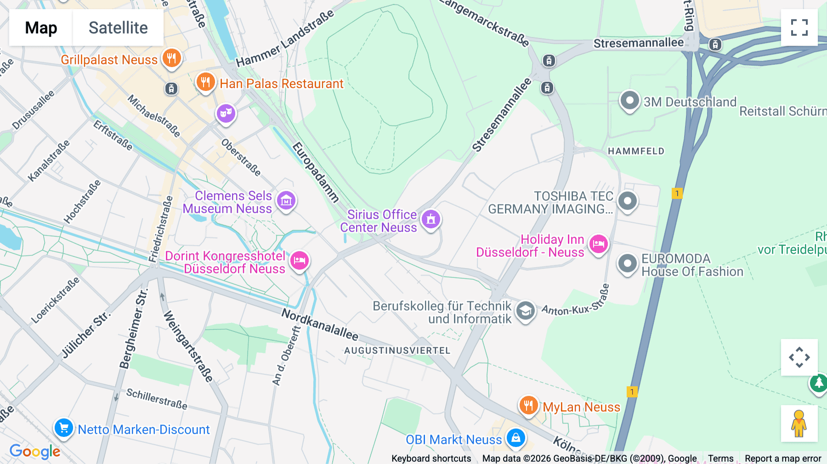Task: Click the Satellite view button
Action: click(118, 28)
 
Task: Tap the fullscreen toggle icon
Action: click(799, 28)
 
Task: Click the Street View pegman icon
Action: click(799, 423)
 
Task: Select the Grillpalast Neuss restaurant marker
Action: click(171, 58)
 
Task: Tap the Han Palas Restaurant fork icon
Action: click(205, 82)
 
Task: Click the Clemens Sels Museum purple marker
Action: click(286, 201)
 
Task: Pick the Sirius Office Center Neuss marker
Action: click(431, 220)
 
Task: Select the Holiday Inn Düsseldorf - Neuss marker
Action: click(599, 244)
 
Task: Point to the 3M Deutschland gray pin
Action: click(629, 101)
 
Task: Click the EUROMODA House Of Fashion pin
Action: click(628, 264)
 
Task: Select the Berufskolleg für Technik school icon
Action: click(525, 311)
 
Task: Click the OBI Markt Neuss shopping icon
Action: click(515, 438)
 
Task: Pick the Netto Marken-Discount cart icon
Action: click(63, 428)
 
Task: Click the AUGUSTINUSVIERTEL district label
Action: click(397, 351)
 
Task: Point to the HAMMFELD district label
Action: click(636, 151)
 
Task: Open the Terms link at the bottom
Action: click(720, 458)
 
